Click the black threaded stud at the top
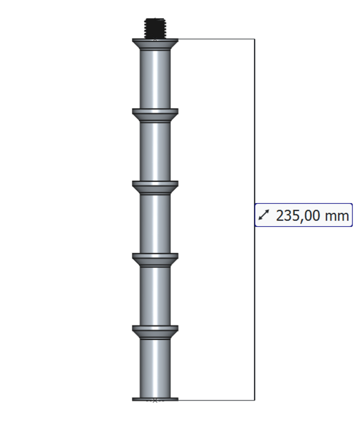155,28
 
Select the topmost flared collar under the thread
155,44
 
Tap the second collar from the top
155,115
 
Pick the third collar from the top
155,187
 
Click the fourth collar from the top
155,260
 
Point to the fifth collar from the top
155,332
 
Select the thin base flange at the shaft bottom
155,399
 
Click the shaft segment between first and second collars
155,80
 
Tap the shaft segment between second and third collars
155,152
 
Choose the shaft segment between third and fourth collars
155,224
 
